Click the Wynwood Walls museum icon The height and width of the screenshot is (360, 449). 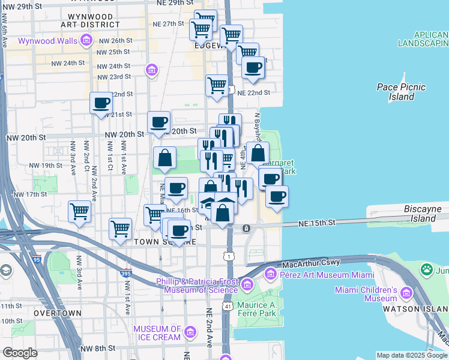coord(86,41)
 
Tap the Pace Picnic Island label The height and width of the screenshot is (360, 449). coord(401,92)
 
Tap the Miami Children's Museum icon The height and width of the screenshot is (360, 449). coord(406,293)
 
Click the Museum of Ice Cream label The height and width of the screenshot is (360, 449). coord(157,333)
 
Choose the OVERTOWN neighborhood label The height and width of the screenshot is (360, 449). coord(58,313)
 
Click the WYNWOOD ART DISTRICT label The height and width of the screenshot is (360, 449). coord(90,20)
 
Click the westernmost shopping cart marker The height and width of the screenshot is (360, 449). coord(79,212)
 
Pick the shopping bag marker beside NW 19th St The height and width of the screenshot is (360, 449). coord(164,158)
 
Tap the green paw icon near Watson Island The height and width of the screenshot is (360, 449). coord(427,269)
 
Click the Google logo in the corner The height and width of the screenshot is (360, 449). coord(20,353)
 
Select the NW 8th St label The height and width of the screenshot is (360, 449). coord(97,348)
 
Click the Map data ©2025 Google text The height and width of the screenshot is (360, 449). coord(412,355)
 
